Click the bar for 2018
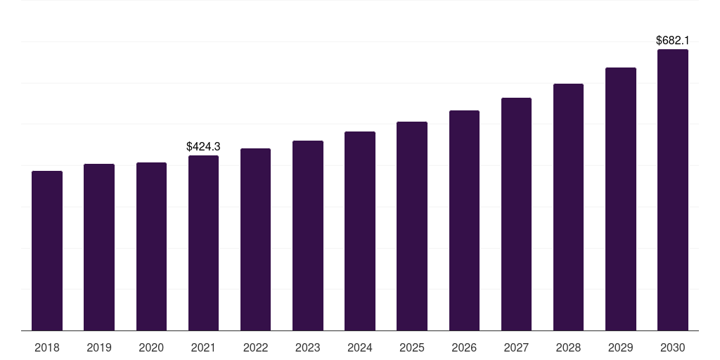point(47,250)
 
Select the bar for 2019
point(99,247)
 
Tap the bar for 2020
point(151,246)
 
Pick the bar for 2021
point(203,243)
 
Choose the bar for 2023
point(308,236)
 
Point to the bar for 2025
point(412,226)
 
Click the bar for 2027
point(516,214)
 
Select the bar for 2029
point(620,199)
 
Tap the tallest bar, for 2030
point(672,190)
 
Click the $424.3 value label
point(203,146)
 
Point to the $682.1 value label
point(672,41)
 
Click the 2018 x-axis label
point(47,347)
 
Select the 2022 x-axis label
point(255,347)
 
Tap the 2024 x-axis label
point(360,347)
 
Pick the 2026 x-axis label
point(464,347)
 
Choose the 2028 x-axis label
point(568,347)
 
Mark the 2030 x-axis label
point(672,347)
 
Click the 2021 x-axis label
point(203,347)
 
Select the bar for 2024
point(360,231)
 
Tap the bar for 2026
point(464,220)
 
